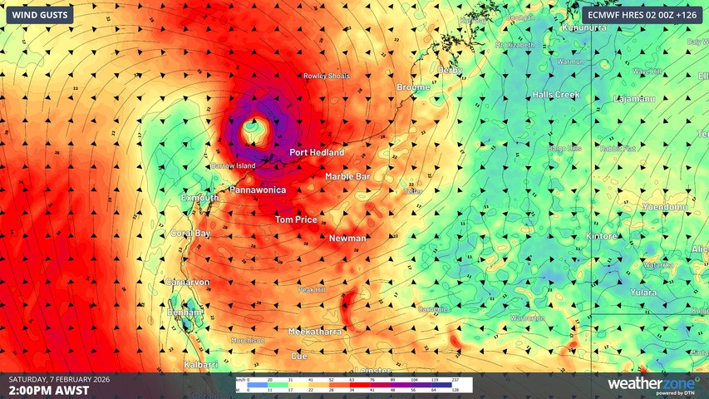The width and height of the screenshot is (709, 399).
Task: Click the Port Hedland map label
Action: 317,153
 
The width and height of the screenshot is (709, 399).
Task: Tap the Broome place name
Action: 413,86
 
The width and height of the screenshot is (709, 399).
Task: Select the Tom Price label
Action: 296,219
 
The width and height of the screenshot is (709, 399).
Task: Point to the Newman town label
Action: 347,239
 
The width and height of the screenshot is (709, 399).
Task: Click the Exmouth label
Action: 199,198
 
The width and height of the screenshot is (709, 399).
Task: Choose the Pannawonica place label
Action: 258,190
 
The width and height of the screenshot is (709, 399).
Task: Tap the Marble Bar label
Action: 347,176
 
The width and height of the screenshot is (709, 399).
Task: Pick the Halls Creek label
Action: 556,95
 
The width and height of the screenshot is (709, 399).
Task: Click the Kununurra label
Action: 585,27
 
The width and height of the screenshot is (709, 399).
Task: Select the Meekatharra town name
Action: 314,332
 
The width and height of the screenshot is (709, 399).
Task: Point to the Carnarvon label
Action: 186,283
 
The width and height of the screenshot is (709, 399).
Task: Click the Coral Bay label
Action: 190,234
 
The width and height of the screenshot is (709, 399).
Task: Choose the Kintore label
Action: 602,236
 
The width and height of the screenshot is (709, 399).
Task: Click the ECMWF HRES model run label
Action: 641,15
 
